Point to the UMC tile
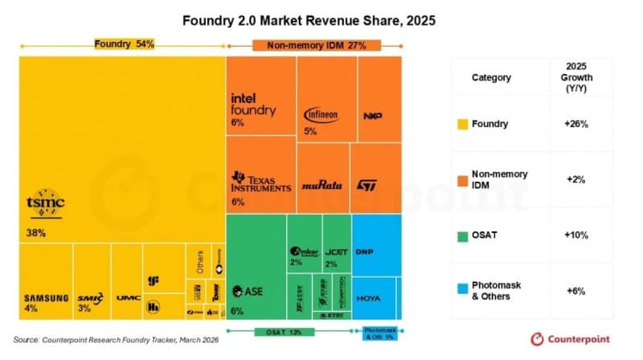[x=127, y=298]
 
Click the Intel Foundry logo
[x=253, y=104]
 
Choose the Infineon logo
[x=321, y=115]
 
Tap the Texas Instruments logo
[x=260, y=182]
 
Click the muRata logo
[x=321, y=185]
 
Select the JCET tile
[x=335, y=251]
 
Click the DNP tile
[x=364, y=251]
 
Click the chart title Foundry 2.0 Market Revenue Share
[x=321, y=19]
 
